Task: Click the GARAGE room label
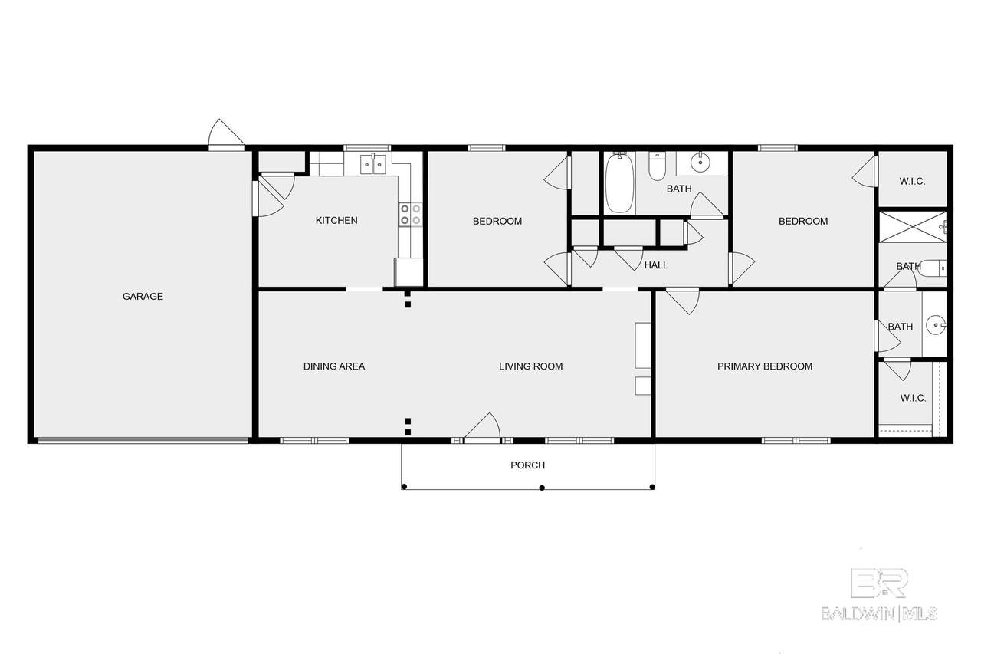click(x=143, y=297)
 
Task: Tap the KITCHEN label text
click(x=336, y=220)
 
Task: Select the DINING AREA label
click(x=334, y=366)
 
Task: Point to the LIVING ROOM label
click(x=531, y=366)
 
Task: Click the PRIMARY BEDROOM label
click(x=765, y=366)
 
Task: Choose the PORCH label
click(x=528, y=465)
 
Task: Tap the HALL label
click(x=656, y=265)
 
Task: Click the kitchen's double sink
click(x=373, y=164)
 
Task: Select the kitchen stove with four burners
click(x=410, y=215)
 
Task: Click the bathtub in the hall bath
click(x=620, y=182)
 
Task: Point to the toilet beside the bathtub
click(x=657, y=166)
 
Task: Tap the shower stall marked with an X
click(x=913, y=227)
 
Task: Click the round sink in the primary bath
click(x=937, y=325)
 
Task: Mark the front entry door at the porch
click(x=482, y=426)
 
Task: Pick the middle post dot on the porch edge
click(x=542, y=488)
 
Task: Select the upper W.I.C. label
click(x=912, y=182)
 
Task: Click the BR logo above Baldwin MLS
click(x=879, y=583)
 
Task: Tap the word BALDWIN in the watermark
click(x=858, y=613)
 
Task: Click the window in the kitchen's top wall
click(x=367, y=148)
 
